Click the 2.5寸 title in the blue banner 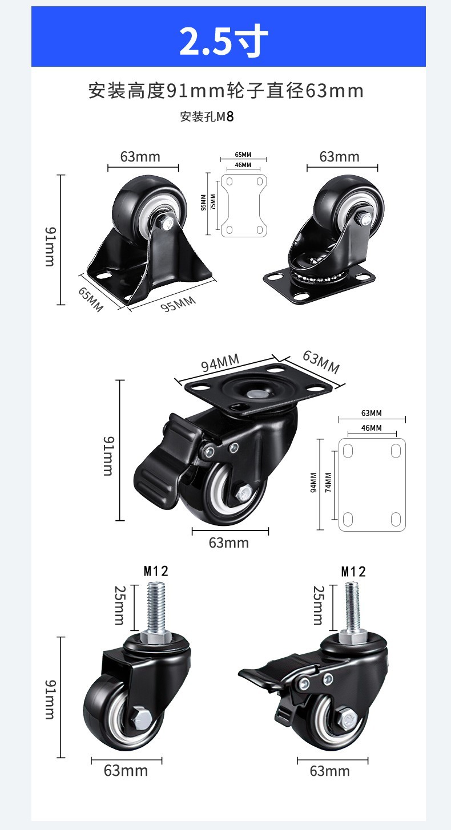pyautogui.click(x=224, y=40)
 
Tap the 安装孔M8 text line pyautogui.click(x=207, y=117)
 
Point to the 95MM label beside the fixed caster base pyautogui.click(x=178, y=304)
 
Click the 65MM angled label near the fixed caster pyautogui.click(x=90, y=299)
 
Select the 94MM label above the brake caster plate pyautogui.click(x=220, y=362)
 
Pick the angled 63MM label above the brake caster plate pyautogui.click(x=321, y=362)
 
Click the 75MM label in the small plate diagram pyautogui.click(x=213, y=202)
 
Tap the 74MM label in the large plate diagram pyautogui.click(x=328, y=483)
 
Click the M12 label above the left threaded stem pyautogui.click(x=156, y=571)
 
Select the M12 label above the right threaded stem pyautogui.click(x=353, y=572)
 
